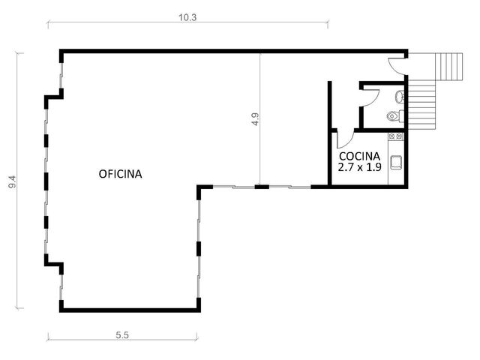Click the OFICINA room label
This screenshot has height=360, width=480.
click(120, 174)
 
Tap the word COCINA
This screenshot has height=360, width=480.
click(360, 157)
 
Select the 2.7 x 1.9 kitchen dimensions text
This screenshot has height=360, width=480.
click(360, 167)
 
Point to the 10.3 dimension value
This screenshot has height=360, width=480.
click(187, 17)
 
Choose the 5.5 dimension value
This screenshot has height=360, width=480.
click(122, 335)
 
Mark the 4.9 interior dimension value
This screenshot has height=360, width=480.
click(255, 119)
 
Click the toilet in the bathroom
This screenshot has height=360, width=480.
click(395, 116)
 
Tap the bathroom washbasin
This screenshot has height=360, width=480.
click(400, 97)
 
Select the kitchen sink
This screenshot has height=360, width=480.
click(397, 162)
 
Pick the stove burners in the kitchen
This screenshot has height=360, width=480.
click(395, 136)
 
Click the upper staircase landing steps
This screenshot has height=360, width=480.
click(450, 67)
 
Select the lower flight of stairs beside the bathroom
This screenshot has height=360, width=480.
click(421, 105)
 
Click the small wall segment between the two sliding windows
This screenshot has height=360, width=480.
click(262, 187)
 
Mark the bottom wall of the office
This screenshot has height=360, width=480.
click(130, 310)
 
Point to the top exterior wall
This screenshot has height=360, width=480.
click(233, 51)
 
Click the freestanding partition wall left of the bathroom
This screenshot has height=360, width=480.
click(330, 105)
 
